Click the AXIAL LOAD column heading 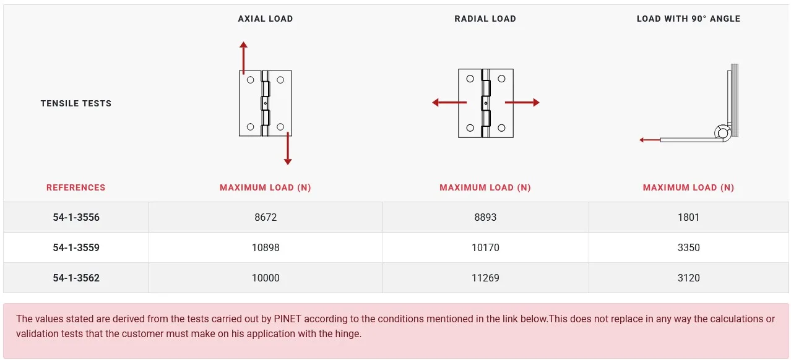[x=265, y=19]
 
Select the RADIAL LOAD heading [x=485, y=19]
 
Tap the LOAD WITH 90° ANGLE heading [x=688, y=19]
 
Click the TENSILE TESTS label [x=76, y=103]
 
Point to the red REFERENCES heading [x=76, y=187]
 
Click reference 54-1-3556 [x=76, y=217]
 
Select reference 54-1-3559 [x=76, y=247]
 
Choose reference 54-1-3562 [x=76, y=278]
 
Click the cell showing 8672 [x=266, y=217]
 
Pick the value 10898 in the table [x=266, y=247]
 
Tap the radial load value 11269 [x=485, y=278]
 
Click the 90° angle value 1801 [x=688, y=217]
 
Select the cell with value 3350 [x=688, y=247]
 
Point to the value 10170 [x=485, y=247]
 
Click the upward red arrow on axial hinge [x=243, y=58]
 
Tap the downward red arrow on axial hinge [x=288, y=148]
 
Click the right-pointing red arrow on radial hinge [x=522, y=102]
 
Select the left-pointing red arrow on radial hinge [x=449, y=102]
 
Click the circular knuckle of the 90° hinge [x=723, y=133]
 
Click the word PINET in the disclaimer [x=287, y=319]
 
